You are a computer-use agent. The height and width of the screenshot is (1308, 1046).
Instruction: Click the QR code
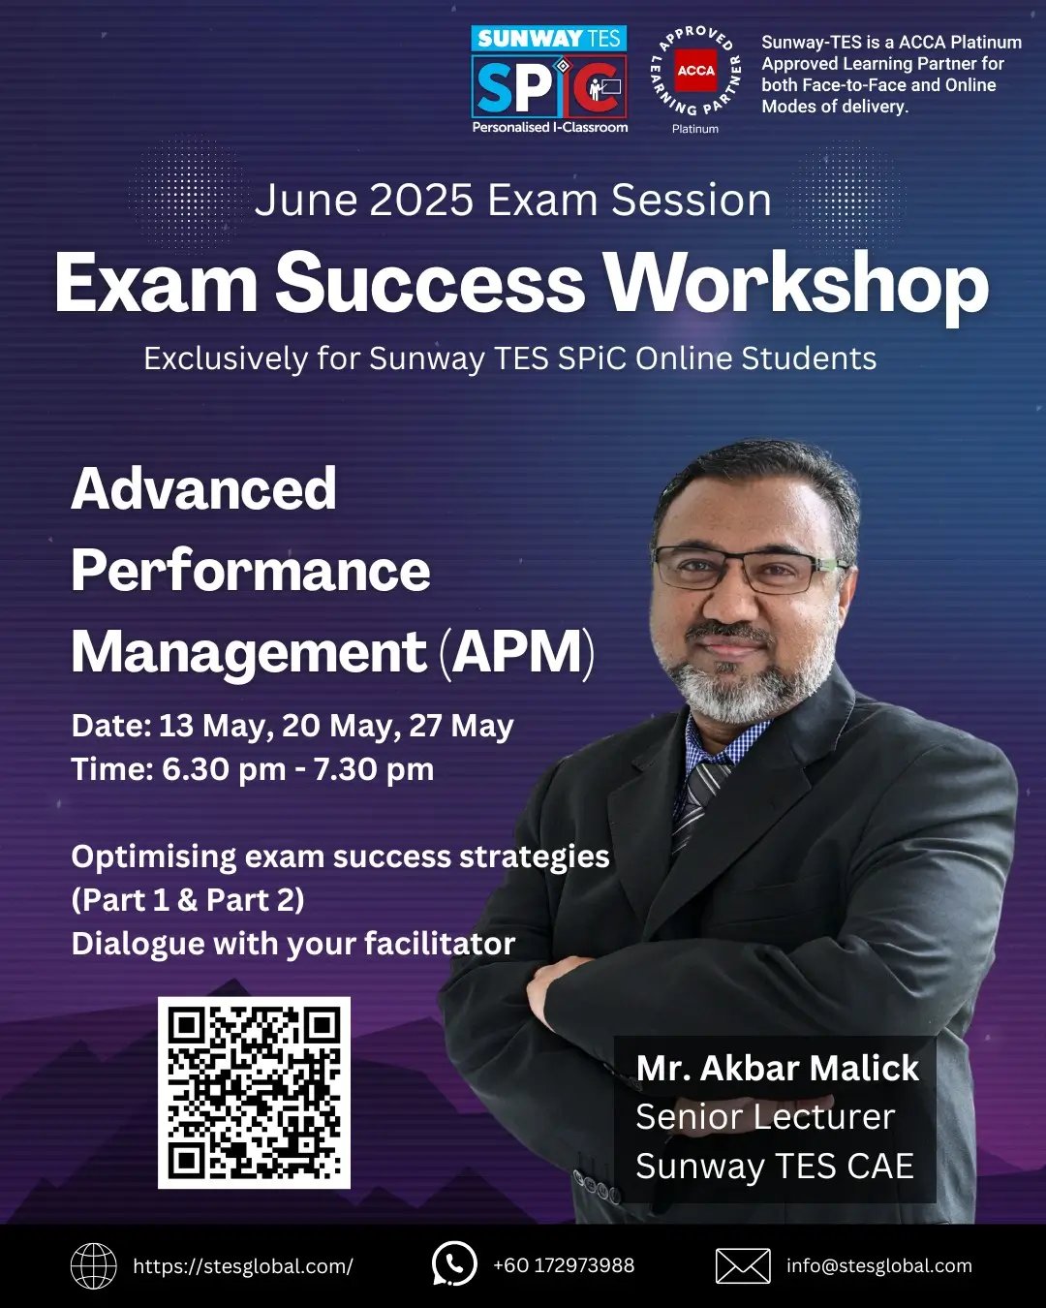click(x=254, y=1092)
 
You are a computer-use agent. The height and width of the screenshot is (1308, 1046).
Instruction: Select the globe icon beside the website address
click(x=94, y=1266)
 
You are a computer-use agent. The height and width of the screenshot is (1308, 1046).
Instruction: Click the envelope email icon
click(x=743, y=1266)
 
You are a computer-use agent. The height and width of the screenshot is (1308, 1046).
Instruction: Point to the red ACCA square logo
click(x=696, y=70)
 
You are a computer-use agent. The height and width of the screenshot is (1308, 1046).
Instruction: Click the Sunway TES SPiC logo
click(x=549, y=79)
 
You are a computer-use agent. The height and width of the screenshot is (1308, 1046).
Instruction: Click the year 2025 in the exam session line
click(x=421, y=200)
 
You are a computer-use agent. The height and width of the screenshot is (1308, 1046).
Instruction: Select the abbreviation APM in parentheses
click(x=517, y=651)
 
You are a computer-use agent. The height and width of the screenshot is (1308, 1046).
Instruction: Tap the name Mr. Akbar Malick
click(x=778, y=1068)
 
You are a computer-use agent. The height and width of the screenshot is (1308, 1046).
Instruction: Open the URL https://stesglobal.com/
click(x=243, y=1266)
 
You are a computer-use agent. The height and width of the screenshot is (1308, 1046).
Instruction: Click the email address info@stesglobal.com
click(x=878, y=1265)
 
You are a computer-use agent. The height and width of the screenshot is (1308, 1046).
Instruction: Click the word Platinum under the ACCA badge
click(x=695, y=129)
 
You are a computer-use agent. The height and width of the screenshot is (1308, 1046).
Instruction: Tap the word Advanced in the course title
click(x=203, y=488)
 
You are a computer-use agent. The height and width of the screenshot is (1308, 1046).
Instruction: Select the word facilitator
click(x=440, y=944)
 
